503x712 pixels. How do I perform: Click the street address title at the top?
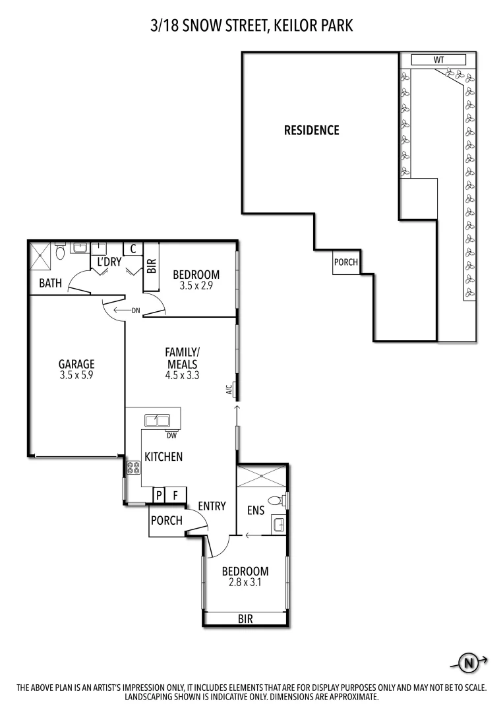click(251, 26)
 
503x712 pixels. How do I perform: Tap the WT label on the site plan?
click(438, 60)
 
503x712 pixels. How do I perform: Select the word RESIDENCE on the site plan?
click(311, 131)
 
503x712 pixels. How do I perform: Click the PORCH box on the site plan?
click(345, 262)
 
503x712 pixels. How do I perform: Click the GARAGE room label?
click(76, 363)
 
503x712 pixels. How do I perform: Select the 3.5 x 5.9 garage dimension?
click(76, 375)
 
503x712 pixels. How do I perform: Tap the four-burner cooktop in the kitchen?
click(133, 469)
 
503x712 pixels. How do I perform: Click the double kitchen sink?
click(158, 419)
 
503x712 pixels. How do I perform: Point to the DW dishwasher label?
click(171, 435)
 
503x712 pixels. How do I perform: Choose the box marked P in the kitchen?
click(159, 495)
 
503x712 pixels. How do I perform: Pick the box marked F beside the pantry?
click(176, 495)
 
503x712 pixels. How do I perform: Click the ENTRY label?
click(212, 506)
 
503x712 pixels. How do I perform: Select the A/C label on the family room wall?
click(229, 390)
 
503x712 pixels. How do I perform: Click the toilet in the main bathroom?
click(60, 251)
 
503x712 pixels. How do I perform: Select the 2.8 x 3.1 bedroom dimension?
click(245, 582)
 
